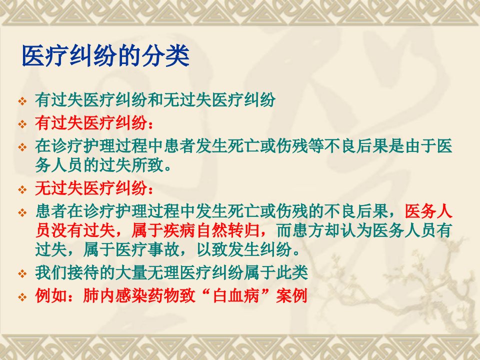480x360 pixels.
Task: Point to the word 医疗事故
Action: (x=147, y=250)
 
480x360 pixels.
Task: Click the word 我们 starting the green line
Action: (x=51, y=272)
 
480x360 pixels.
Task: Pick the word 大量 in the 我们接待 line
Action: (x=131, y=272)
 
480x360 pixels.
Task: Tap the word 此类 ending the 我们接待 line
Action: (x=292, y=272)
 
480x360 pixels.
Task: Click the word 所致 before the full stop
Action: (x=147, y=165)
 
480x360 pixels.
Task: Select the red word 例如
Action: (x=51, y=295)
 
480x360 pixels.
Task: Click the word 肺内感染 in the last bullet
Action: (x=115, y=295)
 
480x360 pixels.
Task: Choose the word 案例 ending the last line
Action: (x=291, y=295)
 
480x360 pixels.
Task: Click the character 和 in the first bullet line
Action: (x=155, y=100)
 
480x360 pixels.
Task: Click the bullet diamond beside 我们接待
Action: (x=22, y=273)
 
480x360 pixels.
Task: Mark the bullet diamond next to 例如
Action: (x=22, y=296)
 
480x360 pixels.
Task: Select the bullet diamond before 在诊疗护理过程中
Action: (x=22, y=146)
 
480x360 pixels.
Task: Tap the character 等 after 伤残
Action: (x=316, y=145)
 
